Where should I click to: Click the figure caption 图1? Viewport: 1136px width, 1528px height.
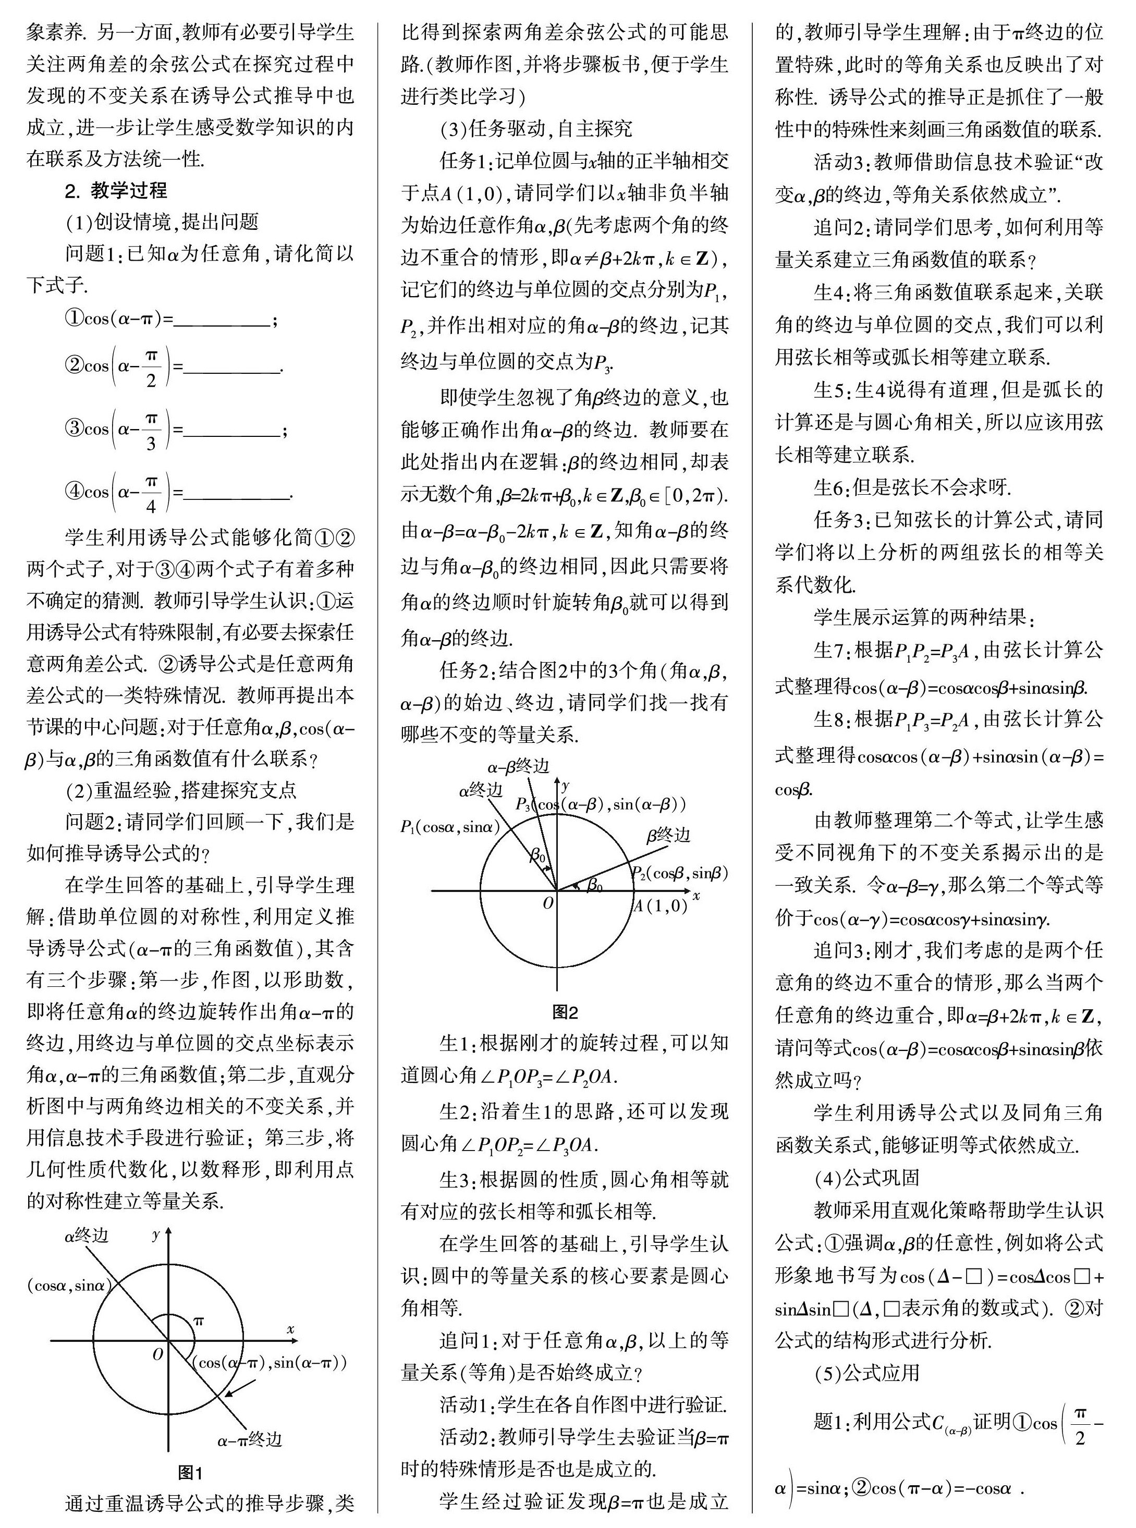[x=190, y=1472]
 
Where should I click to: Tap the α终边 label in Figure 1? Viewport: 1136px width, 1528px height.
[x=86, y=1236]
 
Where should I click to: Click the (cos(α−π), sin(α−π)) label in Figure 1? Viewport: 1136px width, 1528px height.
[x=269, y=1362]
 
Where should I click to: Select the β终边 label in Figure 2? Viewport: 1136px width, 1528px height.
[x=668, y=835]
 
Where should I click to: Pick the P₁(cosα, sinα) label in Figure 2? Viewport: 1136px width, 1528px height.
[x=450, y=827]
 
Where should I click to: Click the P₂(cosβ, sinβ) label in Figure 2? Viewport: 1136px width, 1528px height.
[x=679, y=873]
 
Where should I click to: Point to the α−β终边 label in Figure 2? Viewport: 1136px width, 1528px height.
[x=519, y=766]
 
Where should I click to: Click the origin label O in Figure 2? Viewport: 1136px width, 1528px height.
[x=548, y=903]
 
